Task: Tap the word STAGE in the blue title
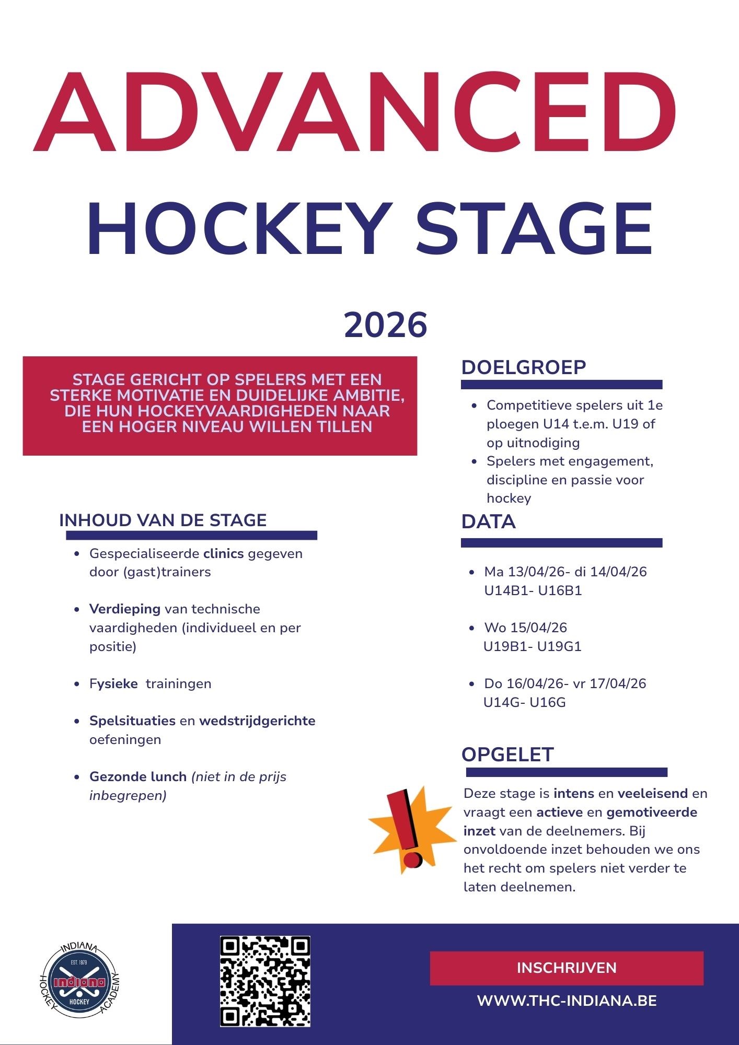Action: [x=534, y=230]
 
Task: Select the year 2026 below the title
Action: [x=386, y=325]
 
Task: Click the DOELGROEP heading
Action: [x=523, y=367]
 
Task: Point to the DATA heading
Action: [x=488, y=522]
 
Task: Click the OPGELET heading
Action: [x=507, y=754]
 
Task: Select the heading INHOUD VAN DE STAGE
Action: [x=163, y=520]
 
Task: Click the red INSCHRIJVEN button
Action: [x=567, y=968]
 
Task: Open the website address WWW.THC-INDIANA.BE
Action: [x=567, y=1001]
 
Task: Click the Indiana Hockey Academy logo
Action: [x=80, y=982]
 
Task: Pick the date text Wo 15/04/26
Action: [x=525, y=628]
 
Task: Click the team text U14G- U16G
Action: [x=524, y=702]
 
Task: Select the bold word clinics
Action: [x=223, y=553]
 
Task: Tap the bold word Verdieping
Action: [x=125, y=609]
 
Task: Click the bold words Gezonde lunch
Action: [x=138, y=777]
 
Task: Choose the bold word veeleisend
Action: [x=652, y=794]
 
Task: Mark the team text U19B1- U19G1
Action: [x=532, y=646]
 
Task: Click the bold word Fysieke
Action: [x=113, y=684]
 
